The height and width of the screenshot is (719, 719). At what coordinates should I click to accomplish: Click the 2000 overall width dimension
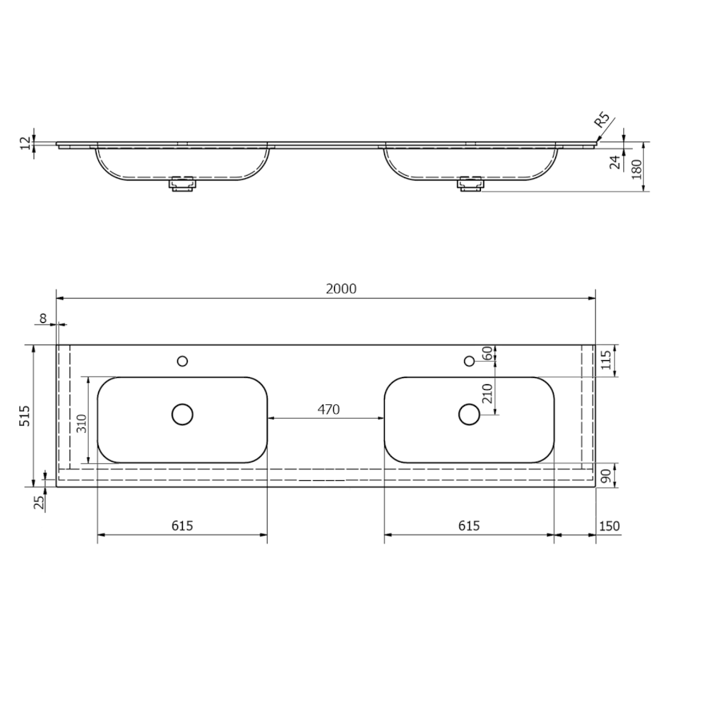[x=340, y=289]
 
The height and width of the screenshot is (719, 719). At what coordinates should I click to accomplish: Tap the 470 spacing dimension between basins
[x=328, y=410]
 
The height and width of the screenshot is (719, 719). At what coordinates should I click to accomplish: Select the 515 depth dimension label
[x=25, y=415]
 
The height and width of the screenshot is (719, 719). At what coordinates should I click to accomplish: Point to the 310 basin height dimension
[x=81, y=423]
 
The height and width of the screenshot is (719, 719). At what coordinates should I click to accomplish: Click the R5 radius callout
[x=602, y=119]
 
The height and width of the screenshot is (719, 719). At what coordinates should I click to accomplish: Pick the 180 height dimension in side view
[x=637, y=169]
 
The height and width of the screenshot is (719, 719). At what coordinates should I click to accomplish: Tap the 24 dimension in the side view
[x=615, y=162]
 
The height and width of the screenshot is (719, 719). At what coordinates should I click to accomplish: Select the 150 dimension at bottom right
[x=610, y=526]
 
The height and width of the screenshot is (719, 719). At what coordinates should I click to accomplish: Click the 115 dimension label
[x=606, y=360]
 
